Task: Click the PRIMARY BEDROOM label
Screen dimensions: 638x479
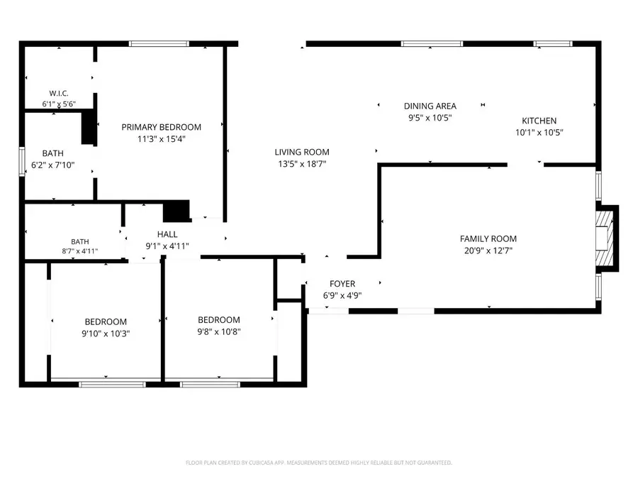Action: (161, 127)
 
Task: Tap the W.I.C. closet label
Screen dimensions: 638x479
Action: (59, 93)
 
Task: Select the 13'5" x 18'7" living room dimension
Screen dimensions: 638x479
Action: (302, 164)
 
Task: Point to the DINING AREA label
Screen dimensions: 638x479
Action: (430, 106)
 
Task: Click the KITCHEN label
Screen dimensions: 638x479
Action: (539, 121)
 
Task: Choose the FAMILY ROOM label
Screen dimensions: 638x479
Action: (488, 238)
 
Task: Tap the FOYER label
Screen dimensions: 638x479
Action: (342, 283)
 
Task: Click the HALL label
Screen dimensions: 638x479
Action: (167, 234)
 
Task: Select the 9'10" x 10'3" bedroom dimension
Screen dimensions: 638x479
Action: (106, 334)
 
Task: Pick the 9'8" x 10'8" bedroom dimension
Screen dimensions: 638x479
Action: (219, 331)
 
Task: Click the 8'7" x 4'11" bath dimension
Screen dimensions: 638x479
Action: (79, 251)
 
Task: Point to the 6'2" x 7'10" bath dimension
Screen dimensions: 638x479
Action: (53, 165)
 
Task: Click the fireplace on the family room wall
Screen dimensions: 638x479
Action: (607, 238)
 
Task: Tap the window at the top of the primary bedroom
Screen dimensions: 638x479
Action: (159, 43)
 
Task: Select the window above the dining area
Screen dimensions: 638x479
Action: (432, 43)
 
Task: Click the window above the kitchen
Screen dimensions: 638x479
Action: (553, 43)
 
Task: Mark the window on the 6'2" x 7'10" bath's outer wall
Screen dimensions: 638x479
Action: (22, 162)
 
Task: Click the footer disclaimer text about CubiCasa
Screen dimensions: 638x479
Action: (318, 463)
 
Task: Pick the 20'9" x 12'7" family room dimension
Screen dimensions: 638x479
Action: (488, 250)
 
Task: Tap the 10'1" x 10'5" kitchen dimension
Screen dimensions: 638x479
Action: (539, 133)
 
